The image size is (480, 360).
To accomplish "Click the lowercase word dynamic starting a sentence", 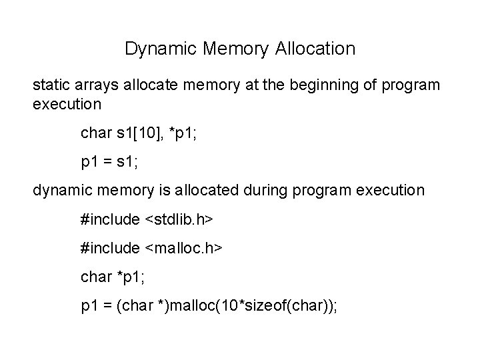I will point(62,190).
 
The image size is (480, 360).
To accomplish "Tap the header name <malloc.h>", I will point(182,248).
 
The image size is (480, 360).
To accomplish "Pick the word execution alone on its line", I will point(67,104).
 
